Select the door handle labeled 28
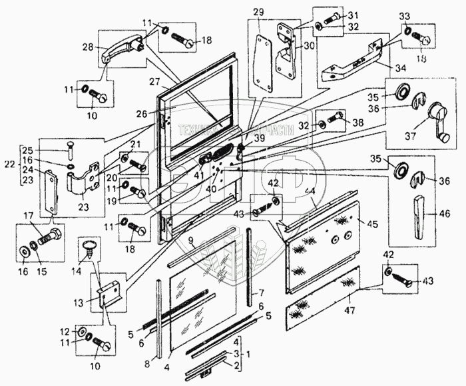(123, 51)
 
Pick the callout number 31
(353, 16)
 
